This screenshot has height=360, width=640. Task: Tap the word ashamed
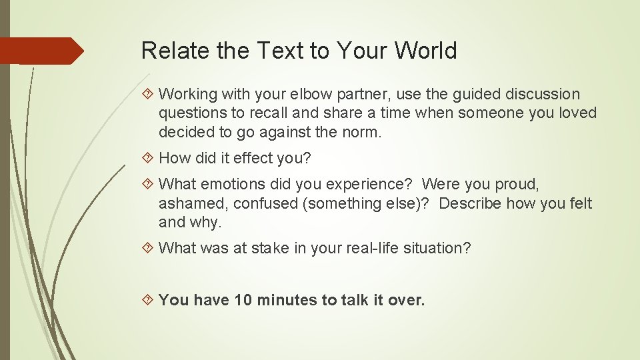click(191, 203)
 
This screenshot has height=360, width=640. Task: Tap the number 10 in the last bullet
click(243, 300)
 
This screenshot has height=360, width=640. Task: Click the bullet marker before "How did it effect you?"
click(149, 159)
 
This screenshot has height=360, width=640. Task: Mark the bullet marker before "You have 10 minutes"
click(149, 300)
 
